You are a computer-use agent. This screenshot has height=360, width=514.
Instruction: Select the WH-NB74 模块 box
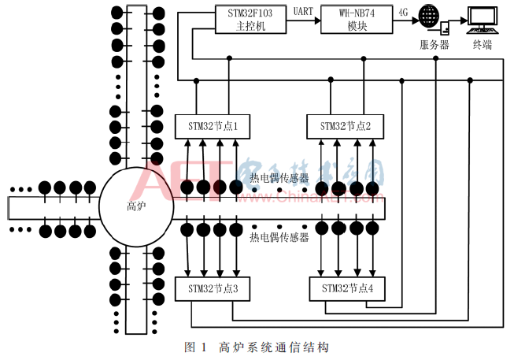pos(356,18)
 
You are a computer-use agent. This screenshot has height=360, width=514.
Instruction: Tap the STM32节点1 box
pos(213,126)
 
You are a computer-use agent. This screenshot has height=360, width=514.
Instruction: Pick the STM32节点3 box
pos(213,289)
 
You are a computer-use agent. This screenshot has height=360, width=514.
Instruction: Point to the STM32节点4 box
pos(347,289)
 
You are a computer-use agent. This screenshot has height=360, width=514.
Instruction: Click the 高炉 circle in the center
pos(135,207)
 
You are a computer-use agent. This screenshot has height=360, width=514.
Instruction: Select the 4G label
pos(404,12)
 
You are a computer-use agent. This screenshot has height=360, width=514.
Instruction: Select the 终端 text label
pos(482,45)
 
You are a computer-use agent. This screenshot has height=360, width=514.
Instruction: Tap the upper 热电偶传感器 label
pos(279,179)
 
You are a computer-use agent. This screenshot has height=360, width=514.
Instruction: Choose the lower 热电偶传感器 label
pos(279,237)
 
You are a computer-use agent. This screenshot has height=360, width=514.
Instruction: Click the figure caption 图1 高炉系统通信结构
pos(255,347)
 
